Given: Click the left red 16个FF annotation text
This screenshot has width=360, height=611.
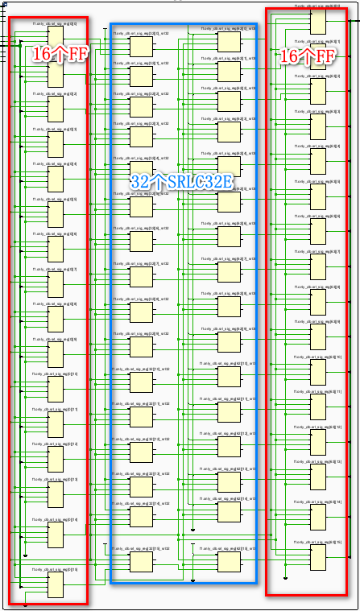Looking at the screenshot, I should (61, 54).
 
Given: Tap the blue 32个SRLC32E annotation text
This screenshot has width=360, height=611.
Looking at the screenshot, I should (182, 182).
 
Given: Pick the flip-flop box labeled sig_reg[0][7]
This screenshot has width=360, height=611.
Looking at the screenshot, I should (56, 285).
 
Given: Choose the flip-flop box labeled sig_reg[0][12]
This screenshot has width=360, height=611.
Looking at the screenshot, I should (56, 459).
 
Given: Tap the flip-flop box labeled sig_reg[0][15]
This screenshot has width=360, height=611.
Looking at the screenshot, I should (56, 584).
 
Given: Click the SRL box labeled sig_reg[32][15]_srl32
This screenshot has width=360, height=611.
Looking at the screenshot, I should (141, 560).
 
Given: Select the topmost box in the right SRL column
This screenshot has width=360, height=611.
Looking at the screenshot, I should (229, 43).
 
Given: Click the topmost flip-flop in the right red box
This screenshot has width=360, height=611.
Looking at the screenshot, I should (317, 19).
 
